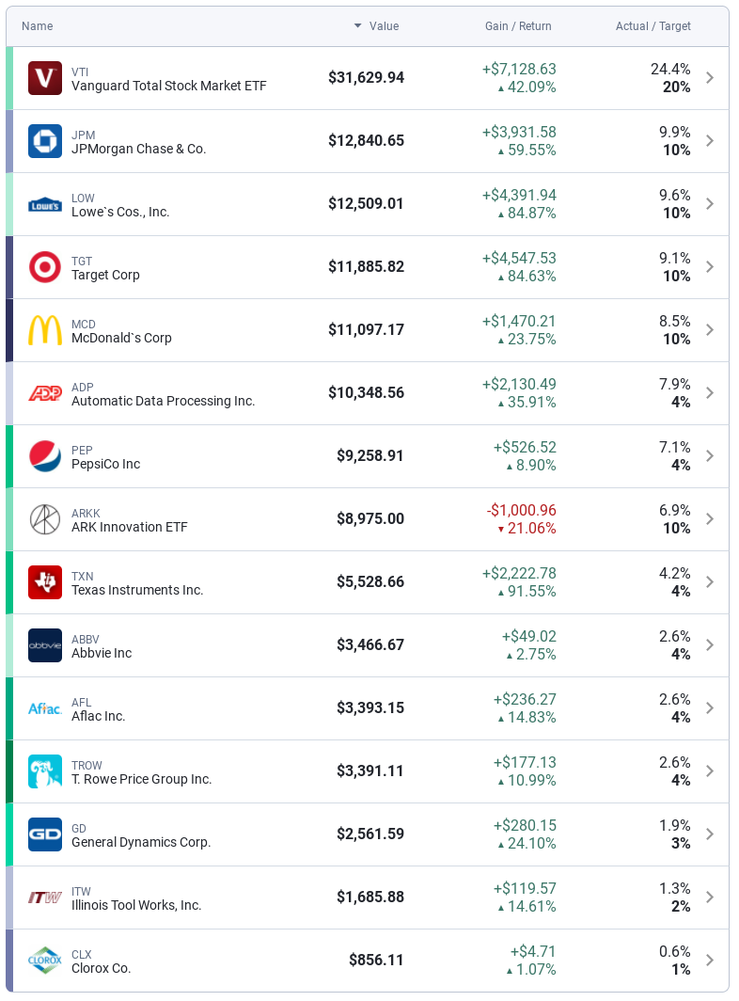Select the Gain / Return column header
518,26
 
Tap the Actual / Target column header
653,26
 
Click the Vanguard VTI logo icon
45,78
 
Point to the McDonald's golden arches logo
45,330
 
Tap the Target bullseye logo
45,267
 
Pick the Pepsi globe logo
45,456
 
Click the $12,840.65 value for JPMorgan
366,141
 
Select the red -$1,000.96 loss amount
521,510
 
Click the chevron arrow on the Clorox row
710,961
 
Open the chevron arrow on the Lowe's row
710,204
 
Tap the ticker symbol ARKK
86,514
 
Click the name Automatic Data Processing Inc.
163,401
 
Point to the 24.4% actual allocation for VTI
670,70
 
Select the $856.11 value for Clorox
376,961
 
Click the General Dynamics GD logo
45,834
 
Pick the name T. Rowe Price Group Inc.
141,779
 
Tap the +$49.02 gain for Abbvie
528,637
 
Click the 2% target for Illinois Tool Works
681,906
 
